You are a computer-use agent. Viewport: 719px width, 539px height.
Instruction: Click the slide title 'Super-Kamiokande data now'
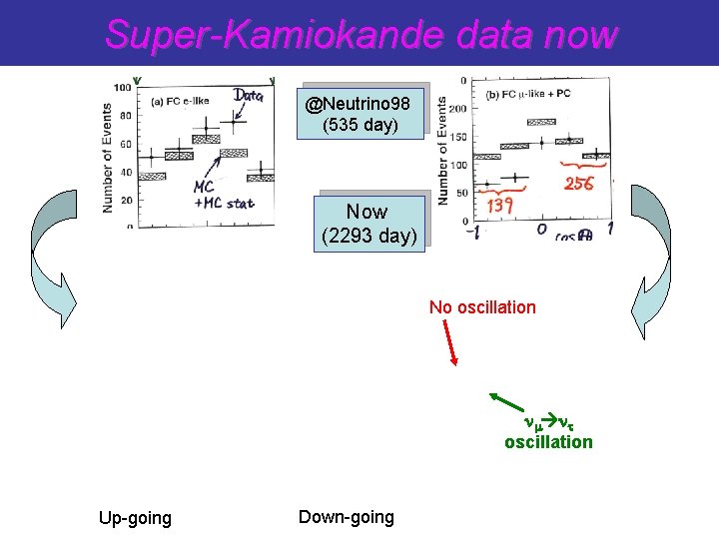click(x=361, y=34)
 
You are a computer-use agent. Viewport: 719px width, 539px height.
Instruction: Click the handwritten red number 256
click(x=578, y=184)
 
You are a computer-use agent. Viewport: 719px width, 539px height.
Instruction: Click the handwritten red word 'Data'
click(x=249, y=95)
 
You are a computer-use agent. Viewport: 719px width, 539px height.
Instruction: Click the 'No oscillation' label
click(x=482, y=307)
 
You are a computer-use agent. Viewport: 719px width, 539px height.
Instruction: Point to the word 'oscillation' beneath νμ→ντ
click(x=548, y=441)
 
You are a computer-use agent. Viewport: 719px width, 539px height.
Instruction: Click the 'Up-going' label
click(x=135, y=518)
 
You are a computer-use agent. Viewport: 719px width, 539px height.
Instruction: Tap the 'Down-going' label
click(x=346, y=516)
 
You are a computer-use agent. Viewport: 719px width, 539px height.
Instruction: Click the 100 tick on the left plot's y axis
click(x=122, y=88)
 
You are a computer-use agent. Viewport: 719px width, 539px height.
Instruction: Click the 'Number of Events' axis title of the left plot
click(x=107, y=158)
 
